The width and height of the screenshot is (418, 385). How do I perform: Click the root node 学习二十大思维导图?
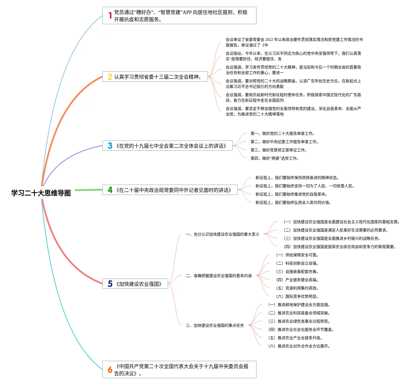pos(41,193)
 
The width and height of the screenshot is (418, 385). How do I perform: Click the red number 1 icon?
pos(110,15)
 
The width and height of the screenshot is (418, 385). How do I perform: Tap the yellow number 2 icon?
pos(110,77)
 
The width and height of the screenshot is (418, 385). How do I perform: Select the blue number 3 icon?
pos(110,146)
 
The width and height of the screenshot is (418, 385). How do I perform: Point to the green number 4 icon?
pos(110,190)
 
